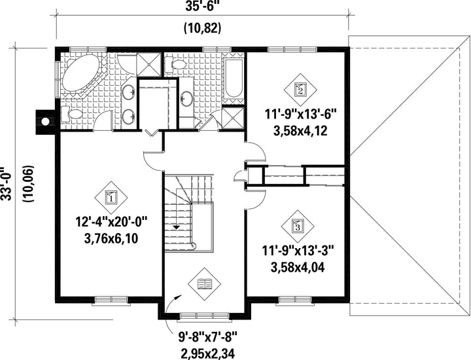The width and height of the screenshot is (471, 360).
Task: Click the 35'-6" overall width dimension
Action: pos(202,7)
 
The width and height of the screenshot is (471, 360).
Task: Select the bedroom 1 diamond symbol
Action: pos(111,198)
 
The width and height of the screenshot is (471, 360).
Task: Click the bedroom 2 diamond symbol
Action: pos(301,90)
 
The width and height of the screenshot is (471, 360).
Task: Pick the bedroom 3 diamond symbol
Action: pos(298,226)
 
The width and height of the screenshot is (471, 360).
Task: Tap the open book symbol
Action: pos(204,283)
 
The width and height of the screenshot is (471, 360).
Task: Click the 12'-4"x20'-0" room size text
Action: pos(111,223)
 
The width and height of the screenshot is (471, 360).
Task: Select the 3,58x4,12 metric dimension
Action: pos(300,131)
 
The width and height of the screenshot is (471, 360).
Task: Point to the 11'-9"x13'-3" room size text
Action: pos(298,251)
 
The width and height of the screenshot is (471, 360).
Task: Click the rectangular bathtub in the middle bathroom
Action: pos(234,78)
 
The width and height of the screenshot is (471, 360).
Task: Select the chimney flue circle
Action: pos(45,122)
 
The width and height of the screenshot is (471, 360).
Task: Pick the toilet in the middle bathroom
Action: pos(176,65)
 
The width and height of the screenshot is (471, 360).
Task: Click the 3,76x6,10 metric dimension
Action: pos(111,239)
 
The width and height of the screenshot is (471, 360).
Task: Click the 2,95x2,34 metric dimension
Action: pos(208,353)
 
